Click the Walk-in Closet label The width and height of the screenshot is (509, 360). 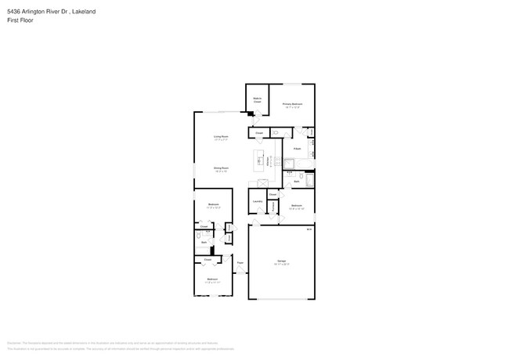[x=257, y=100]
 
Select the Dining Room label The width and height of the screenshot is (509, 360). [x=221, y=168]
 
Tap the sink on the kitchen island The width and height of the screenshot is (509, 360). [x=259, y=161]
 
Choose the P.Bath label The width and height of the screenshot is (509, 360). [x=298, y=148]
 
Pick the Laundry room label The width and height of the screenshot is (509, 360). [x=257, y=202]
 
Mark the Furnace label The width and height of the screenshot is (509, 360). [x=272, y=207]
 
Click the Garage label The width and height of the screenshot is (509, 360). [x=281, y=261]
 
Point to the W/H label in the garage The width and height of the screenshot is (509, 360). [x=309, y=229]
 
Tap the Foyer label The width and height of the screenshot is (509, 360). [x=240, y=263]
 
